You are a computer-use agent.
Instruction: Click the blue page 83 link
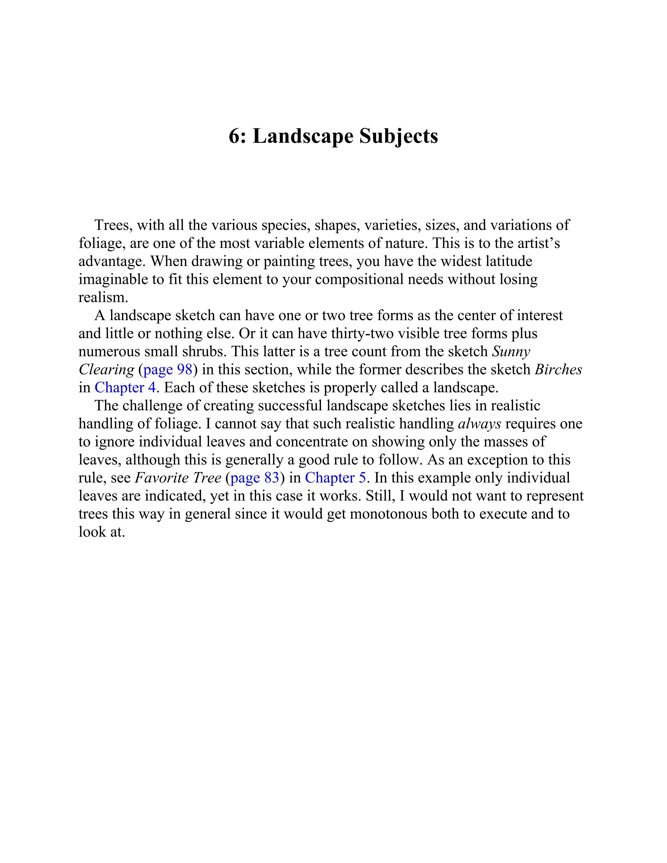coord(255,478)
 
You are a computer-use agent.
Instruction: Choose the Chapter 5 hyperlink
coord(336,478)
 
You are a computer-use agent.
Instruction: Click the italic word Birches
coord(558,369)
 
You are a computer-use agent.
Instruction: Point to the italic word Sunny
coord(511,351)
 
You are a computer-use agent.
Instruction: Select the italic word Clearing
coord(106,369)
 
